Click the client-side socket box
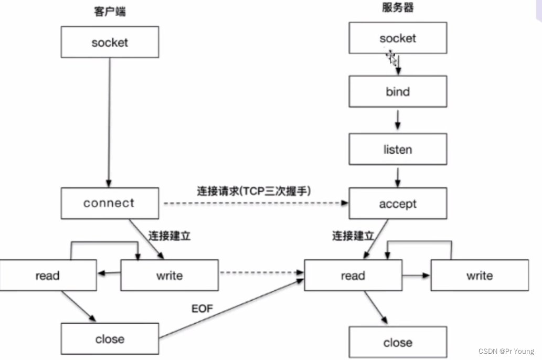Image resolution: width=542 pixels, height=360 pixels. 110,43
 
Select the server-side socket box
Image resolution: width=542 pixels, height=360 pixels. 398,38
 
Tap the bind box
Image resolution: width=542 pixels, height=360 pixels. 398,92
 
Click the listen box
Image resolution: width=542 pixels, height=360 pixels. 398,150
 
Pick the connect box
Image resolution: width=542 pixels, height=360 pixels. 110,204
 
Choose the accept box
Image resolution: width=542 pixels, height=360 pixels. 398,204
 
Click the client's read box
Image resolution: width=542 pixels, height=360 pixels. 48,276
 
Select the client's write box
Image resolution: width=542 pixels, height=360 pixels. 169,276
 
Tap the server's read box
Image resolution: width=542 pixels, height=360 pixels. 353,276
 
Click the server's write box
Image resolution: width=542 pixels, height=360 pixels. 480,276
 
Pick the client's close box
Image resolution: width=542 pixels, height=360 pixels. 110,339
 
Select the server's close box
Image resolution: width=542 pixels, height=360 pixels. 398,343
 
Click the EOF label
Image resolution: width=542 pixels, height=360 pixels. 202,309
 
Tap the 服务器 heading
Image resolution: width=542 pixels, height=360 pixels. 398,8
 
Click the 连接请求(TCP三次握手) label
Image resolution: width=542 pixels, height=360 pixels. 254,191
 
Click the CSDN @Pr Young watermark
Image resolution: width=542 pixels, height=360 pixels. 508,351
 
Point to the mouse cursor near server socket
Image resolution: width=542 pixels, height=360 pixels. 391,57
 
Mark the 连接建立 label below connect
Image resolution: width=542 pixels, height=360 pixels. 169,236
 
